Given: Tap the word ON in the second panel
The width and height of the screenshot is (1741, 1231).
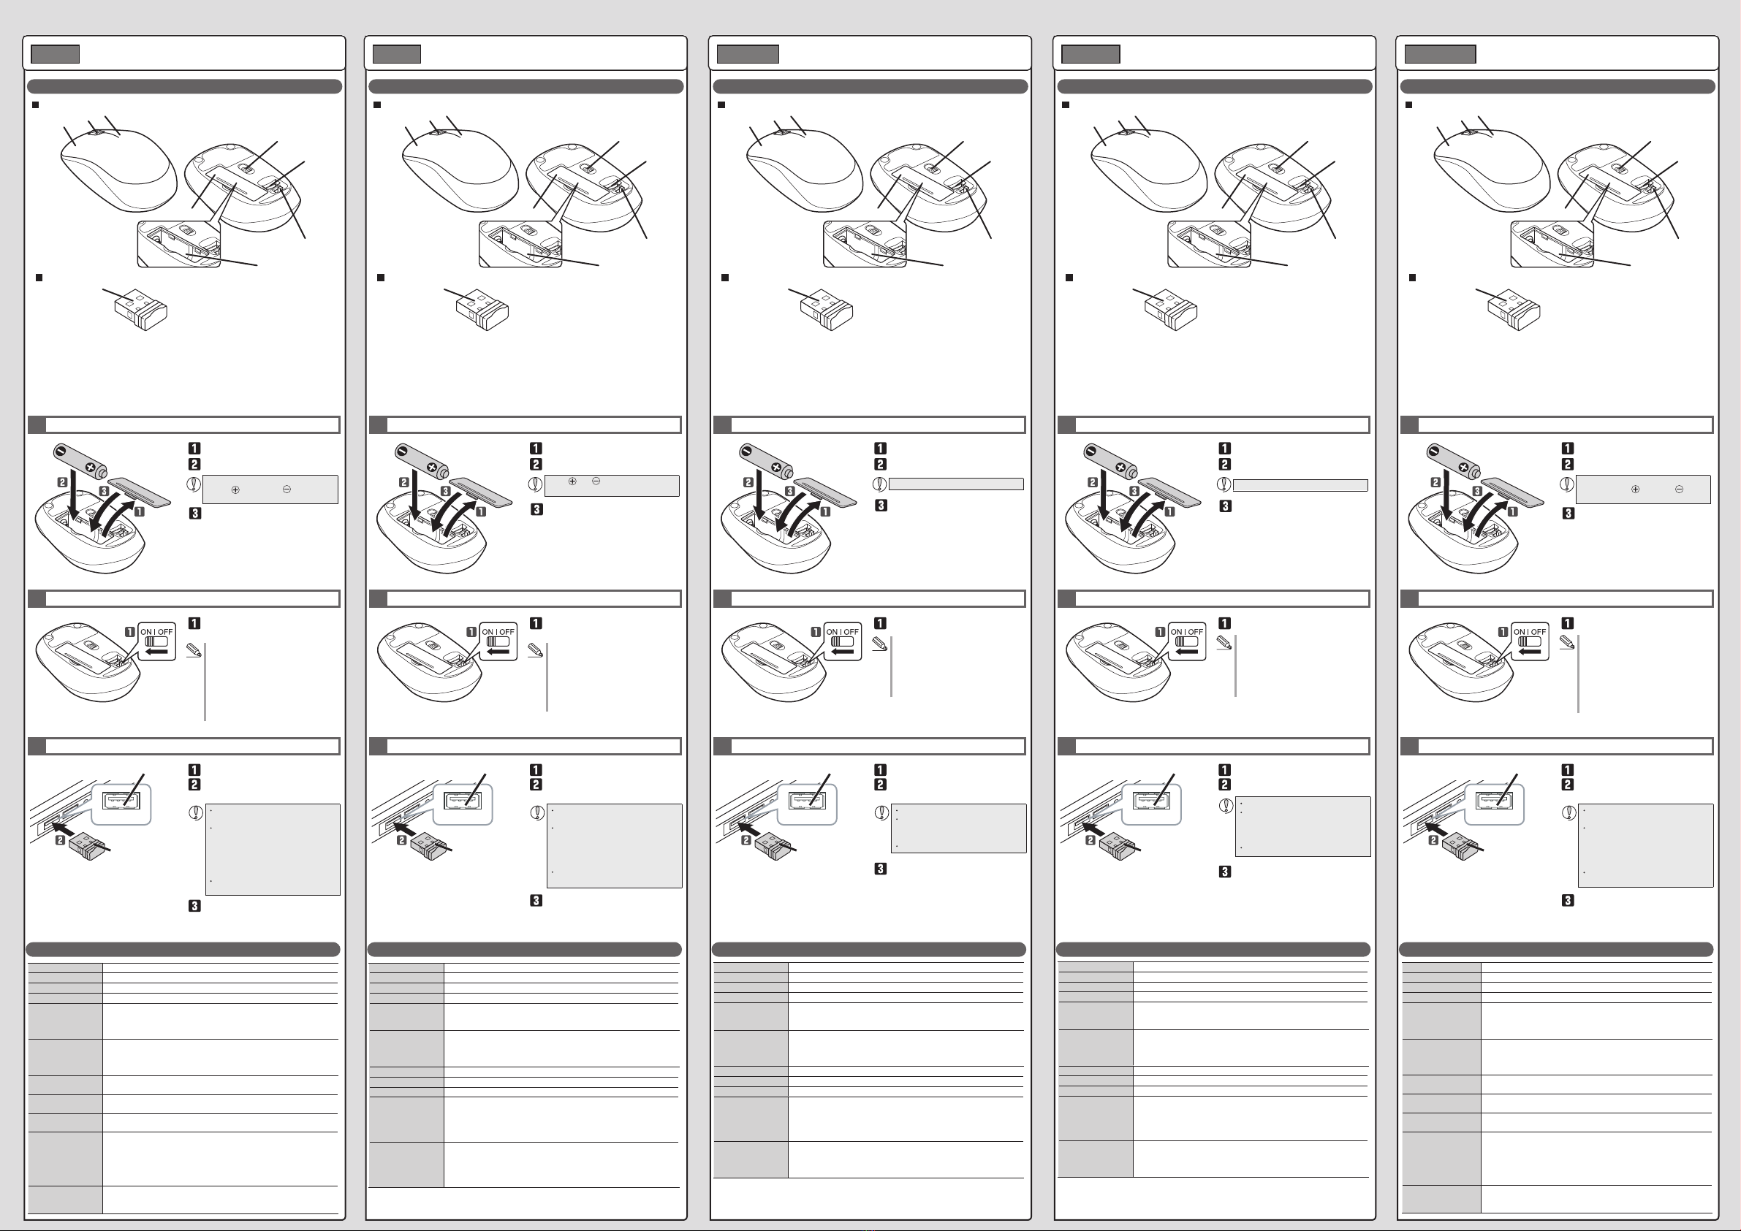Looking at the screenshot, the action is [x=488, y=631].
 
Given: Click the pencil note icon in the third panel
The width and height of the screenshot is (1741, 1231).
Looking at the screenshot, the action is [x=880, y=644].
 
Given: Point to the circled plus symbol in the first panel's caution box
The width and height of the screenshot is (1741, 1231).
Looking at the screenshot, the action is [x=235, y=489].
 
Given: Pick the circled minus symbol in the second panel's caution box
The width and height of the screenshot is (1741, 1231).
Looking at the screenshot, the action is [x=596, y=481].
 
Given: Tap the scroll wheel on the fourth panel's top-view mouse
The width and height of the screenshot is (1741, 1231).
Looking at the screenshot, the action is [x=1129, y=132].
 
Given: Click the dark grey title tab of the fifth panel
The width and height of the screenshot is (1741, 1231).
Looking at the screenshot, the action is [x=1440, y=54].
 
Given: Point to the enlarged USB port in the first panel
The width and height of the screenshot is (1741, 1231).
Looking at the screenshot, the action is [x=122, y=804].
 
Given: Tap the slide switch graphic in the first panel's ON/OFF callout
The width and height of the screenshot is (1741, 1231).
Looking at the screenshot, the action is [x=156, y=641].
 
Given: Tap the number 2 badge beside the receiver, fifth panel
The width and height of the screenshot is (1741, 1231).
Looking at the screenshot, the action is [x=1433, y=840].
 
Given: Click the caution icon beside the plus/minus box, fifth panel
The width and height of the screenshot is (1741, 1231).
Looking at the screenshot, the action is [x=1566, y=483].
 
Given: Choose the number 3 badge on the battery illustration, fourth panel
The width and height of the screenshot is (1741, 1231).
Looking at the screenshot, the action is [x=1134, y=491].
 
